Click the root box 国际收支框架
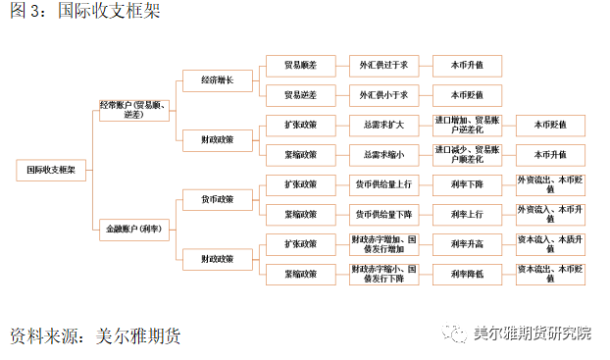(51, 169)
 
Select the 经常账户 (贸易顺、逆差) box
(134, 109)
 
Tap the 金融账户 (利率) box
(134, 229)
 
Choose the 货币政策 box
(217, 199)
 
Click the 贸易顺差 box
(299, 66)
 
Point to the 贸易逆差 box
(299, 95)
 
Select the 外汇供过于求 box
(383, 66)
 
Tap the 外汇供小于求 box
(383, 95)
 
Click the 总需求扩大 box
(383, 126)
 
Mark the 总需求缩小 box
(383, 154)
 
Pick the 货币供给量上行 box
(383, 184)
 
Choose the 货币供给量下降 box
(383, 214)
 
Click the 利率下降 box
(466, 184)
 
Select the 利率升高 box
(466, 243)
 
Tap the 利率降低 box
(466, 273)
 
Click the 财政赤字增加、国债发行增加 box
(383, 243)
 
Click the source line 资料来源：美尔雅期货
(95, 336)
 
